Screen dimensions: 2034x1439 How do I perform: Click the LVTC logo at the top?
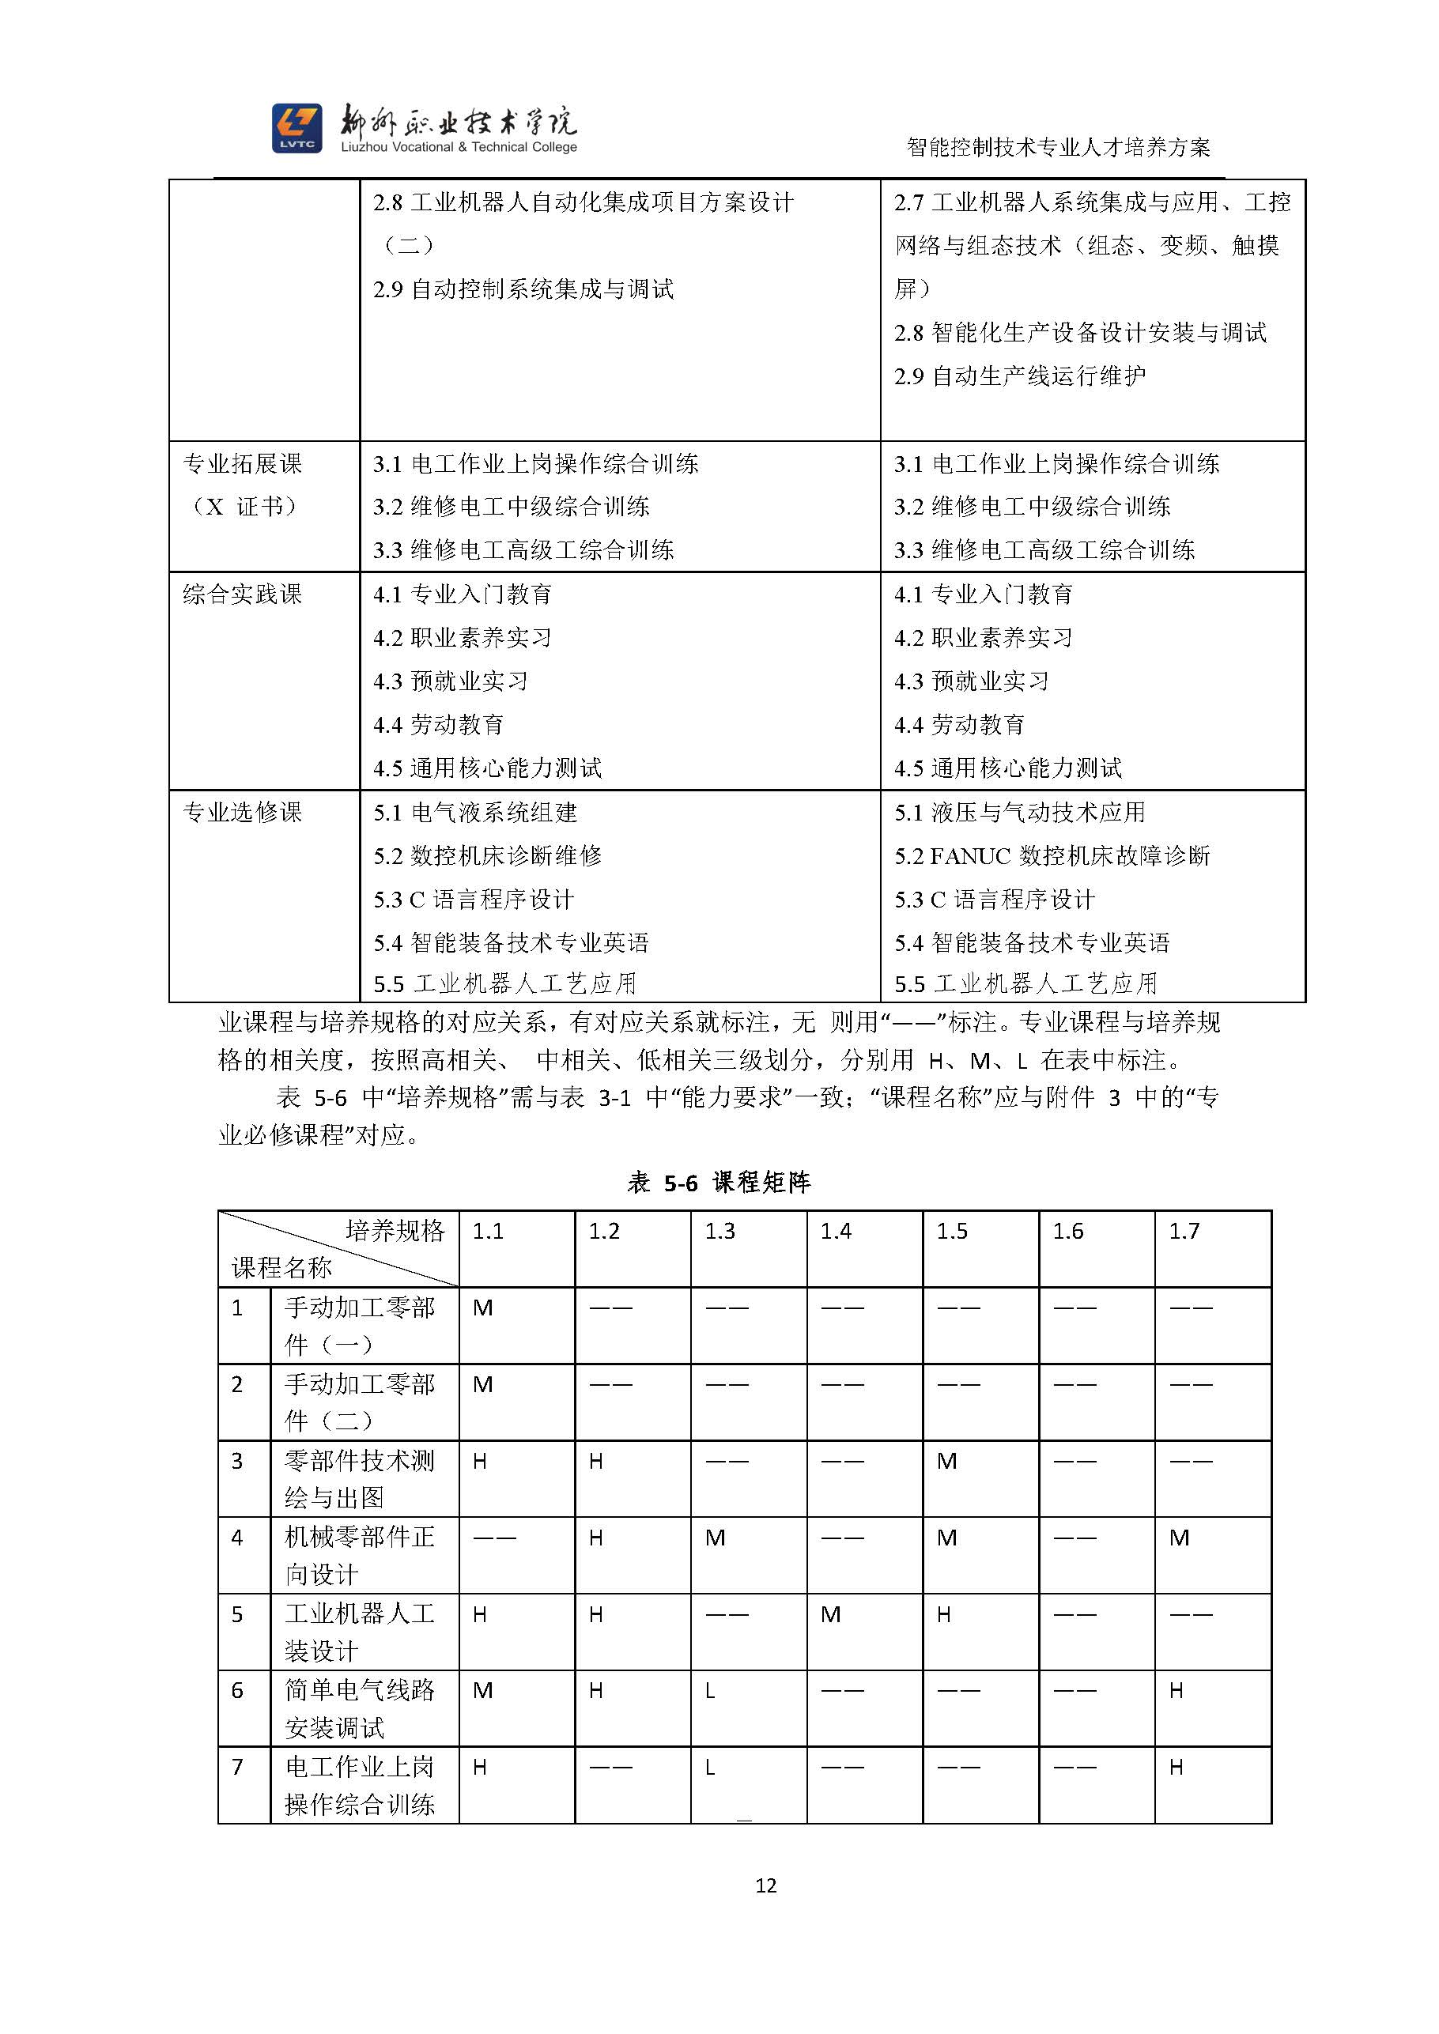coord(296,127)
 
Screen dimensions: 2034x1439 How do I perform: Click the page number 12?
coord(765,1885)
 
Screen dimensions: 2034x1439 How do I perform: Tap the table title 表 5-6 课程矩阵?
coord(719,1182)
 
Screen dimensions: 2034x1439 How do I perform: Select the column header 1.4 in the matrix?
coord(836,1231)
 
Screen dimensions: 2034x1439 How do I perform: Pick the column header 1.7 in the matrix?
coord(1184,1231)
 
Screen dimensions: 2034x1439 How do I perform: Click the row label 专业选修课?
coord(242,813)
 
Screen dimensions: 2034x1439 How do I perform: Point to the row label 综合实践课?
coord(242,594)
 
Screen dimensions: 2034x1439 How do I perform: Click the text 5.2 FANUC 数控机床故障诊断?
coord(1052,856)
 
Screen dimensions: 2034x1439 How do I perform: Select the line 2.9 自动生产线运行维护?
coord(1019,375)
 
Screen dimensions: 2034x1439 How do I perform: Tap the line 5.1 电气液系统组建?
coord(475,813)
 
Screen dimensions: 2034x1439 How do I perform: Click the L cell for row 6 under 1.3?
coord(711,1691)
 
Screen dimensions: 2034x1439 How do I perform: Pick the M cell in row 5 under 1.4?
coord(830,1614)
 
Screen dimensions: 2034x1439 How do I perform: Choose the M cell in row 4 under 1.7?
coord(1179,1538)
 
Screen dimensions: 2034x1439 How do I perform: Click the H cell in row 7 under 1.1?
coord(479,1768)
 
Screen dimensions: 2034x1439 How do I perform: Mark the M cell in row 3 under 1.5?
coord(946,1461)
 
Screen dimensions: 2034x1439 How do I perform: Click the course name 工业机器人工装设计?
coord(359,1632)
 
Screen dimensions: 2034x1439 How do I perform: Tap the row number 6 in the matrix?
coord(236,1690)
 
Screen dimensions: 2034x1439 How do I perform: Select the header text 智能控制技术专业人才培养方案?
coord(1058,147)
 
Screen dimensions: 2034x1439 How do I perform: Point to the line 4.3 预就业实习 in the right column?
coord(971,681)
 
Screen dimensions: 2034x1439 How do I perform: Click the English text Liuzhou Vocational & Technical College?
coord(459,147)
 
